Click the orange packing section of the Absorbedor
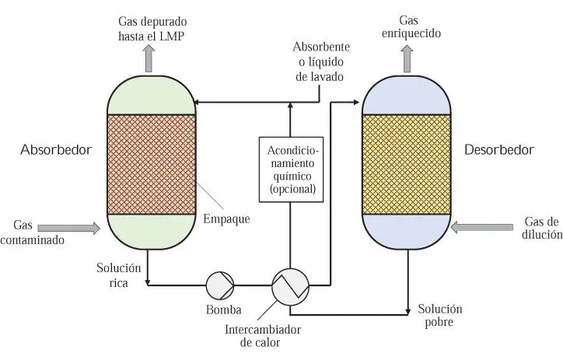pyautogui.click(x=150, y=164)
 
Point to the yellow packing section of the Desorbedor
pyautogui.click(x=407, y=164)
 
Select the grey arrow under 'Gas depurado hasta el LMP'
pyautogui.click(x=149, y=58)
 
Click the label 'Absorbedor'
pyautogui.click(x=56, y=149)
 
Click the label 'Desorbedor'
pyautogui.click(x=499, y=149)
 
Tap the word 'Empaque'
pyautogui.click(x=226, y=218)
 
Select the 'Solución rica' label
pyautogui.click(x=118, y=275)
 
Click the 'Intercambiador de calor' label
pyautogui.click(x=263, y=335)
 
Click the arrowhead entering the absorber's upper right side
pyautogui.click(x=199, y=101)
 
